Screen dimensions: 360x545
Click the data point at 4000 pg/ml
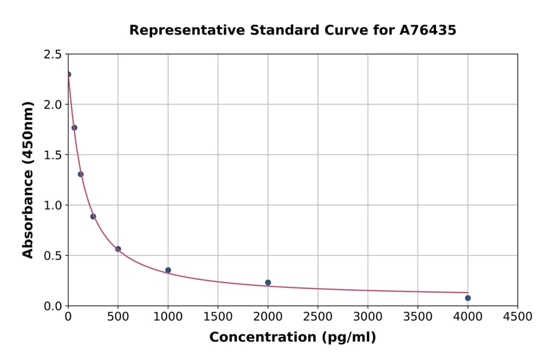467,298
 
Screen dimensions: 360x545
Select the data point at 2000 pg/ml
268,282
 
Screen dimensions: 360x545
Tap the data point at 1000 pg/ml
168,270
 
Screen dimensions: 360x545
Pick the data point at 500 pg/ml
118,249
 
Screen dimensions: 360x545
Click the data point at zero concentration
68,75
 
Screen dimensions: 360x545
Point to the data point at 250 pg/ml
93,216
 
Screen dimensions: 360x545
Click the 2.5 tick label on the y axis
53,55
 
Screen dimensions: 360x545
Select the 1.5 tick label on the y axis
53,155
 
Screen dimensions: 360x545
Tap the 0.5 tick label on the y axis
53,256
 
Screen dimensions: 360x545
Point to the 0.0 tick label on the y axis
53,306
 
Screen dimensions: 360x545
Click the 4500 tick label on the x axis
517,317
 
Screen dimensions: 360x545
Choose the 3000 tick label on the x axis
368,317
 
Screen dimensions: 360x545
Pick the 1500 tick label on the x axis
217,317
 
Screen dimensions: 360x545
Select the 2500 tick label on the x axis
317,317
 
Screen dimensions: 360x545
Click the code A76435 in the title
429,30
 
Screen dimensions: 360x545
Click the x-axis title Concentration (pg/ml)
292,338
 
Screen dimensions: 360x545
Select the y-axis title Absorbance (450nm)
28,180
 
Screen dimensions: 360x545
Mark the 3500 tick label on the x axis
417,317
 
